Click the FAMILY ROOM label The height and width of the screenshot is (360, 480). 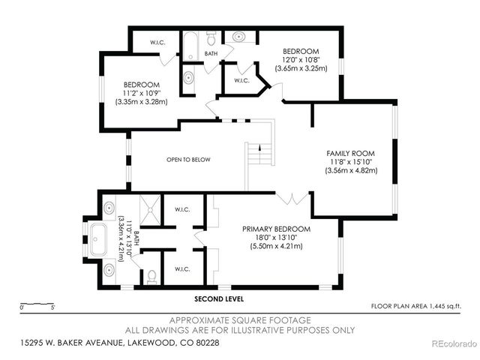pyautogui.click(x=351, y=152)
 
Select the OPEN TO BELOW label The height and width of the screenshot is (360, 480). pyautogui.click(x=188, y=160)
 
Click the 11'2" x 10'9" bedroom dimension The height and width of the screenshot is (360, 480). pyautogui.click(x=141, y=93)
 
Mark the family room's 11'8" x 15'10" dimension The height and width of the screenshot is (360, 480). pyautogui.click(x=351, y=161)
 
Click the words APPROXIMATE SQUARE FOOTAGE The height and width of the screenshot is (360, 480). pyautogui.click(x=240, y=319)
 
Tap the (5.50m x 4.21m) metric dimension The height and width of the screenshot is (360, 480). pyautogui.click(x=276, y=246)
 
